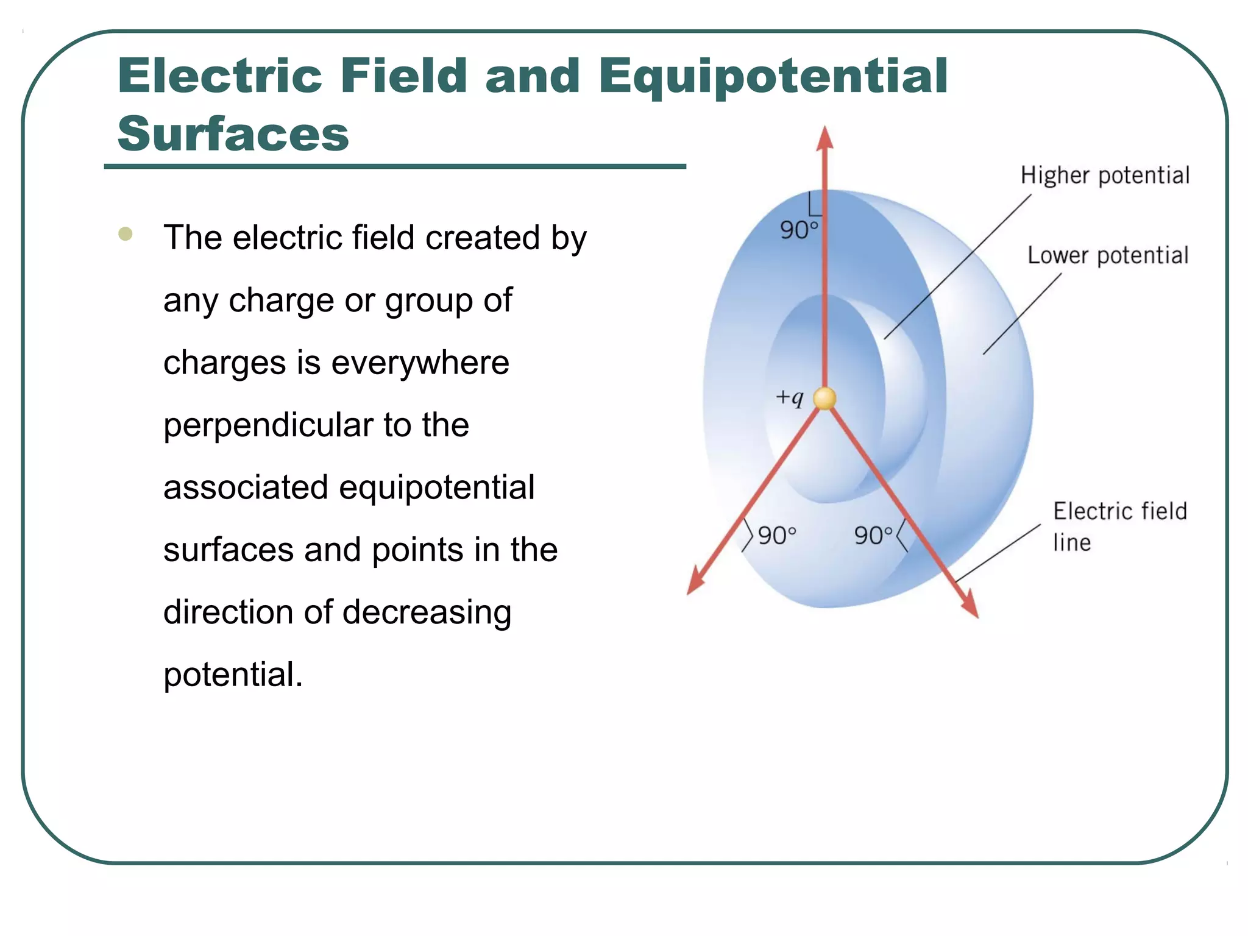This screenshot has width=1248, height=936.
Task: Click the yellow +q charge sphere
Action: [x=824, y=399]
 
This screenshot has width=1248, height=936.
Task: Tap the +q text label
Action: [x=790, y=398]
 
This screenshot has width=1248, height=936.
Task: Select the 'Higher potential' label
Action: [x=1105, y=175]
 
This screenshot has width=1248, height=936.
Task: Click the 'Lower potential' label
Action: [x=1108, y=255]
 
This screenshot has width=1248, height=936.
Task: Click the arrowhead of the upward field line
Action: [x=824, y=139]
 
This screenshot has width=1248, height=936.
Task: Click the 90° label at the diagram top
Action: [x=798, y=230]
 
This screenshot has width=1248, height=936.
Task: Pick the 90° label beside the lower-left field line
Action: [x=777, y=536]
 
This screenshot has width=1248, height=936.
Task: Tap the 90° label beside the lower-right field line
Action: [x=873, y=536]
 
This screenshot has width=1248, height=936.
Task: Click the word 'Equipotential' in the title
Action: [x=773, y=77]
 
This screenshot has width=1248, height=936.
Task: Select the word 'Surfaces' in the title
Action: [x=233, y=134]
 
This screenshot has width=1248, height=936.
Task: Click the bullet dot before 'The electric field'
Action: [x=126, y=234]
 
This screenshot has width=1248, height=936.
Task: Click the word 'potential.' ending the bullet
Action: [x=233, y=675]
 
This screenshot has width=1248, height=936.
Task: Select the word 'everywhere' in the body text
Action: [x=420, y=363]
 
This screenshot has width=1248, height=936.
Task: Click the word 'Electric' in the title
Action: [x=220, y=76]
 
